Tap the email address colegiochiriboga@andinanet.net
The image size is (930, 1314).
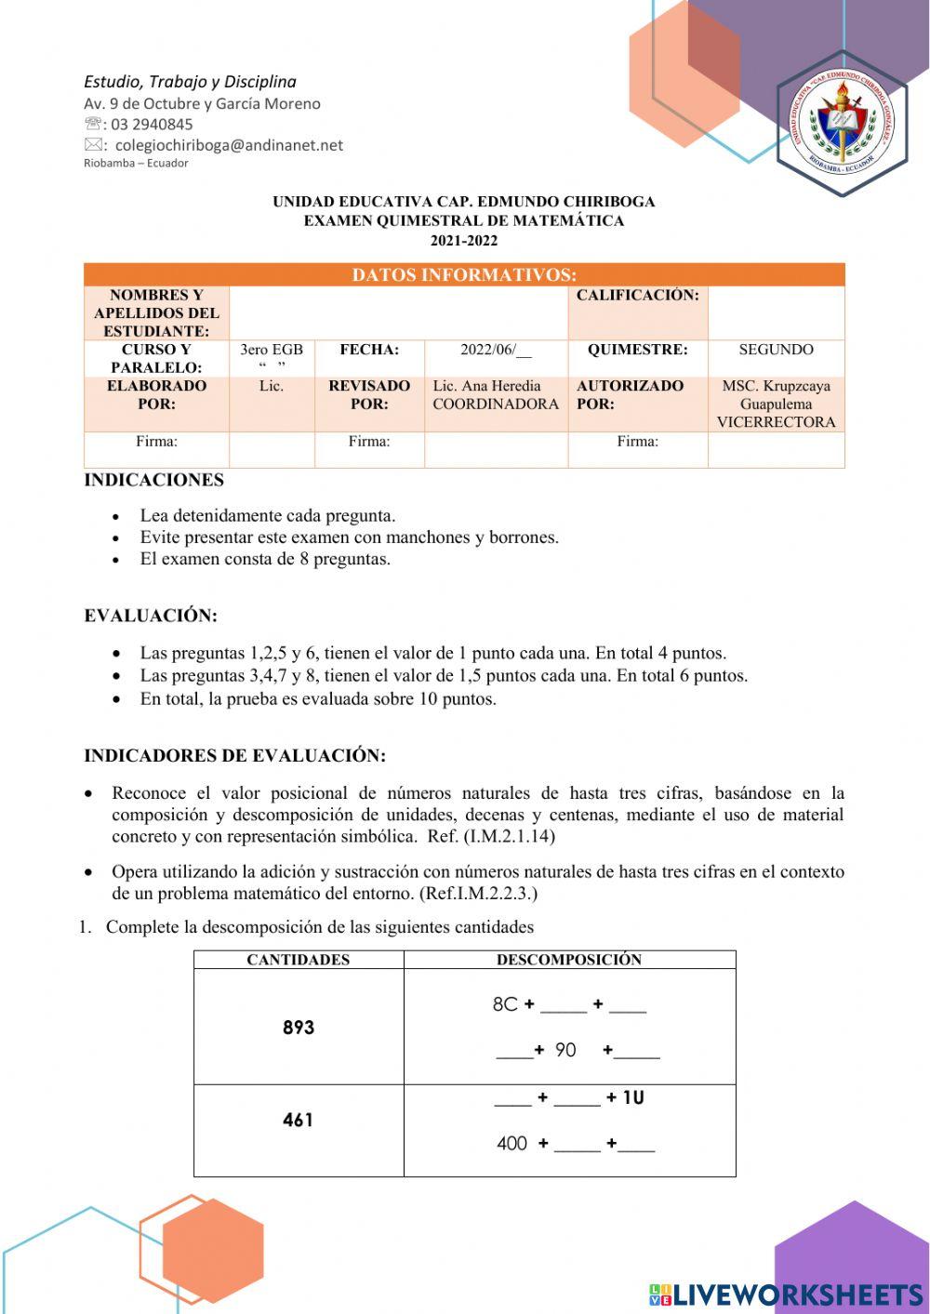click(229, 145)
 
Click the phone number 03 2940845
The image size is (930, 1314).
click(153, 125)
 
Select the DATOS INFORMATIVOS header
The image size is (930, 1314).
click(464, 274)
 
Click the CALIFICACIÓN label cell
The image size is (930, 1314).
click(638, 296)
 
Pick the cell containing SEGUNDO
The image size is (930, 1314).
click(776, 350)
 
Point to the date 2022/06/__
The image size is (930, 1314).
click(496, 350)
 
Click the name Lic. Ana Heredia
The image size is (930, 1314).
click(487, 386)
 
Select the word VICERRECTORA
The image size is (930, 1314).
click(776, 422)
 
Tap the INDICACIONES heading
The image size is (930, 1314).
click(154, 480)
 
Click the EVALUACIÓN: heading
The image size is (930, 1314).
click(151, 616)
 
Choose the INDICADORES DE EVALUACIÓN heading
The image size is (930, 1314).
click(234, 755)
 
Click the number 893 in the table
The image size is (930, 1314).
click(299, 1028)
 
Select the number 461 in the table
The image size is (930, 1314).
click(299, 1120)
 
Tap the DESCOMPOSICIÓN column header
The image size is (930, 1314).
click(569, 960)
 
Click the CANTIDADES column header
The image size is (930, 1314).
click(299, 960)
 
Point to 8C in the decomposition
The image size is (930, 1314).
click(505, 1004)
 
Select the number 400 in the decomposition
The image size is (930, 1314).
click(511, 1144)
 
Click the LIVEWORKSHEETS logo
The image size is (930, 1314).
click(786, 1294)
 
